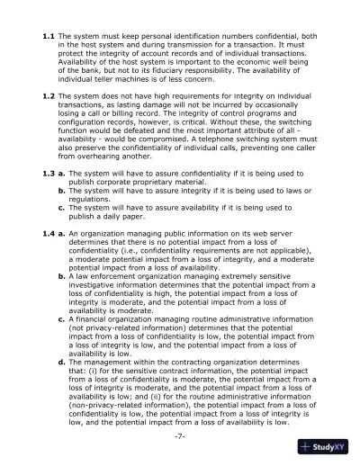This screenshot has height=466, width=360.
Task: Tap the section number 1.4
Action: [x=49, y=234]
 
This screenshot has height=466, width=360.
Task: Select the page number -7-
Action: [x=180, y=437]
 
